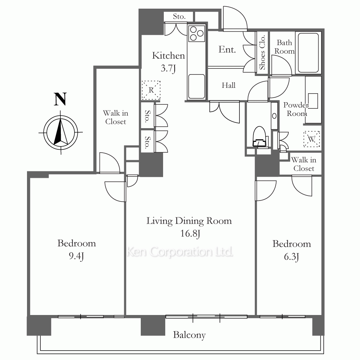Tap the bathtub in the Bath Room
point(308,53)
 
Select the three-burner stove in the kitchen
point(196,33)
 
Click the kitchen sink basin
point(196,86)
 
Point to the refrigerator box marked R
point(151,90)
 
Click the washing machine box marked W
point(311,139)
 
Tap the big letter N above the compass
point(60,99)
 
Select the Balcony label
point(189,335)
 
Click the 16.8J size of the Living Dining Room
point(190,234)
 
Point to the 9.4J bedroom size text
point(76,256)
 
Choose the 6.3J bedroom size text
point(291,257)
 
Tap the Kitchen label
point(168,55)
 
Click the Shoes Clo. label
point(262,53)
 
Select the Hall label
point(229,85)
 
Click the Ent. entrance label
point(227,49)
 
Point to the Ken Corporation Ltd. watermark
point(180,252)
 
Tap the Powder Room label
point(296,109)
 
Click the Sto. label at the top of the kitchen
point(179,17)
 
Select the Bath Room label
point(284,47)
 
